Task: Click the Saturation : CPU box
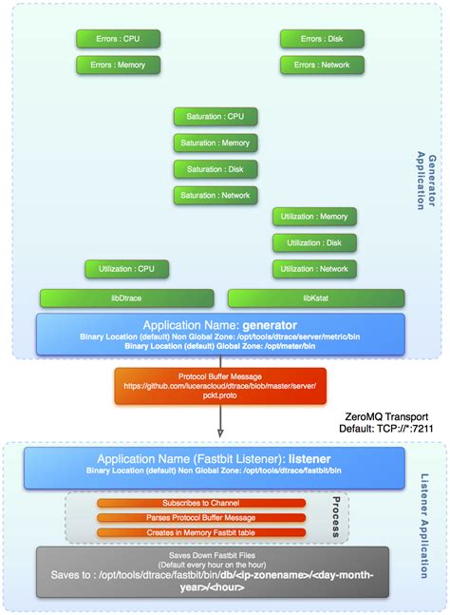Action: tap(215, 117)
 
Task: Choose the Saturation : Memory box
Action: tap(215, 143)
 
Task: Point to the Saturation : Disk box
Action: tap(215, 169)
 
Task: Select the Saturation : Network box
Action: tap(215, 195)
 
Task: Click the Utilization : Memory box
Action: tap(314, 217)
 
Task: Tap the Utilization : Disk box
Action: tap(314, 242)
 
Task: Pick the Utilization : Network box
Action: tap(314, 269)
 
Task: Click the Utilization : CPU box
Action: tap(126, 269)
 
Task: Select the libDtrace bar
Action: tap(126, 298)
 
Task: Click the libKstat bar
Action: tap(314, 298)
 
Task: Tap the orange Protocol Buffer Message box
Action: tap(220, 387)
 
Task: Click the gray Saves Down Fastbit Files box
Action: tap(213, 571)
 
